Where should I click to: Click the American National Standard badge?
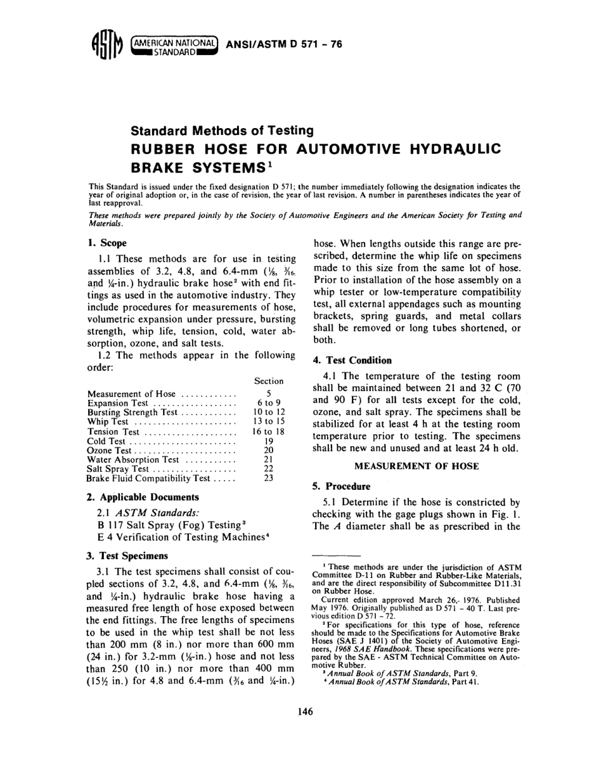(173, 46)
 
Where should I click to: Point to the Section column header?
(269, 381)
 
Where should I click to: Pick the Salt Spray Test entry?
(119, 469)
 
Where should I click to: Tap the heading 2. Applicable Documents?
(143, 497)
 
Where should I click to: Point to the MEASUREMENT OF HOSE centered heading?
(416, 466)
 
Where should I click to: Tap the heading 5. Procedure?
(341, 486)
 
